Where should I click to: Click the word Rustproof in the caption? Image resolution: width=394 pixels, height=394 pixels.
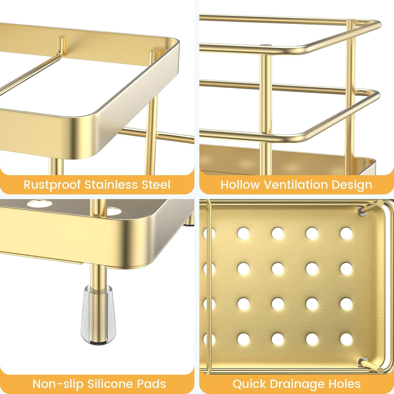(52, 185)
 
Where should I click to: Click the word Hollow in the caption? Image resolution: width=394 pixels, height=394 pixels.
(240, 185)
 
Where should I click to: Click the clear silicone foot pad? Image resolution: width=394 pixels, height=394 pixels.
(98, 314)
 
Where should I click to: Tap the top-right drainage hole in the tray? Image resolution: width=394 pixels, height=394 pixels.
(346, 234)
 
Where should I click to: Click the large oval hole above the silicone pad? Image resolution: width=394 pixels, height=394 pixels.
(38, 203)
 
